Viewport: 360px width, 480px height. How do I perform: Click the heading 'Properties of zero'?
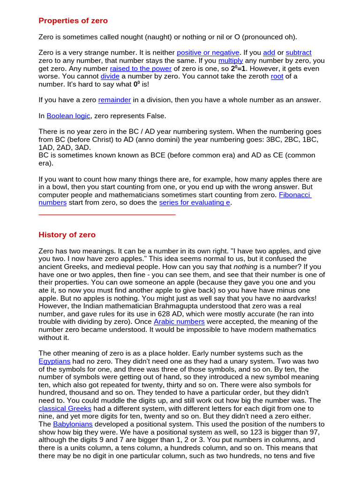click(x=73, y=21)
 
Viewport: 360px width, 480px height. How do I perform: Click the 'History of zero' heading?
click(x=67, y=235)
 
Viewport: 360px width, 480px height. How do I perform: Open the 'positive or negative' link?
click(x=208, y=52)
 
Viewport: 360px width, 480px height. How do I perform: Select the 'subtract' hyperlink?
click(x=299, y=52)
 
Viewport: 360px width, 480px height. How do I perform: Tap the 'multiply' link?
click(x=231, y=60)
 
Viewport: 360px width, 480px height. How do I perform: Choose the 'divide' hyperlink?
click(x=107, y=76)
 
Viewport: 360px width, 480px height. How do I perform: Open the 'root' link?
click(x=277, y=76)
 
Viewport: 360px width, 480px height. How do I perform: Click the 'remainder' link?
click(x=114, y=100)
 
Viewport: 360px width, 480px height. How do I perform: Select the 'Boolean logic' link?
click(x=68, y=116)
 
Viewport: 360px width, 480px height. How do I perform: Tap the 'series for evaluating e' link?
click(x=195, y=202)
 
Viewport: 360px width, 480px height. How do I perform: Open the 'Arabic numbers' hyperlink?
click(x=179, y=322)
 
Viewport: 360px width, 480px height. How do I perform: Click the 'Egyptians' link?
click(x=54, y=361)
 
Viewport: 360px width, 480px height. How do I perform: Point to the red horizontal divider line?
click(x=107, y=215)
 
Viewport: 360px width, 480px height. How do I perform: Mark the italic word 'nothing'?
click(x=246, y=266)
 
